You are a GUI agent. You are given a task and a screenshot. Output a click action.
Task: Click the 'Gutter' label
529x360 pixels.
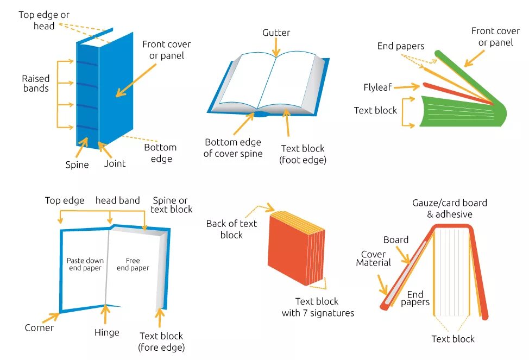[x=276, y=33]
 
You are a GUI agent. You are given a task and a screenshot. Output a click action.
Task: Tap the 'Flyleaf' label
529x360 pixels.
[x=377, y=87]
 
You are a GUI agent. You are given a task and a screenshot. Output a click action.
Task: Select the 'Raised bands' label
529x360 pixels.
[x=36, y=84]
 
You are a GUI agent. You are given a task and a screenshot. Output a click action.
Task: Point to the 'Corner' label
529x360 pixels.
[x=39, y=328]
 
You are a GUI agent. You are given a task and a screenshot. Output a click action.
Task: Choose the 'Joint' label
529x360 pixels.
[x=115, y=163]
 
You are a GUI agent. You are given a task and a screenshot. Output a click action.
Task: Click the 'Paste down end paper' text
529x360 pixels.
[x=85, y=264]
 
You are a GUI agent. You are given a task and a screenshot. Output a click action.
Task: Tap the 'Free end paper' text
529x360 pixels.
[x=133, y=264]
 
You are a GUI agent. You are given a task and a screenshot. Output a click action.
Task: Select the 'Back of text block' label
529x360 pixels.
[x=231, y=229]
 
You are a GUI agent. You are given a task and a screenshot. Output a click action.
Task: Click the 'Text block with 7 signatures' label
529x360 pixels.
[x=317, y=307]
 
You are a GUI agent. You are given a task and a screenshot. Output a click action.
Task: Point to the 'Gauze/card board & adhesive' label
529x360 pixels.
[x=449, y=209]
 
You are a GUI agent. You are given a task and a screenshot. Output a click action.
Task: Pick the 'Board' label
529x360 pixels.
[x=396, y=240]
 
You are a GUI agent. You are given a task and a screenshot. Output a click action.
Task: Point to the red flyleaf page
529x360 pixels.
[x=456, y=92]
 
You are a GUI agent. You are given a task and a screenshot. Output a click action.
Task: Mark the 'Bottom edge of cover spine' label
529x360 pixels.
[x=232, y=148]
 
